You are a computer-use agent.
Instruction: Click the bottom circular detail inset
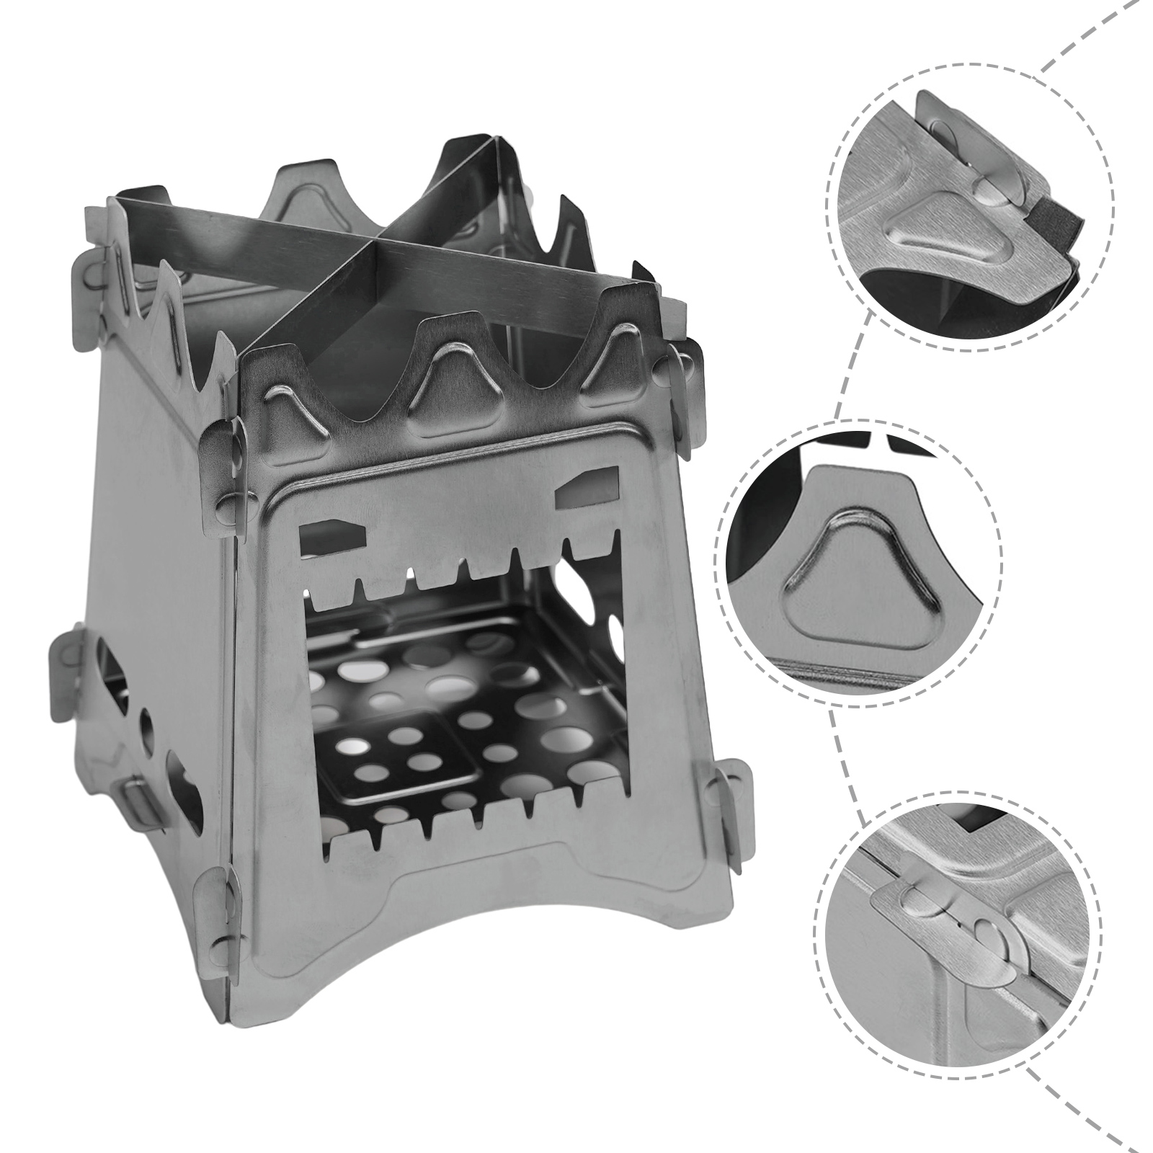click(966, 930)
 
